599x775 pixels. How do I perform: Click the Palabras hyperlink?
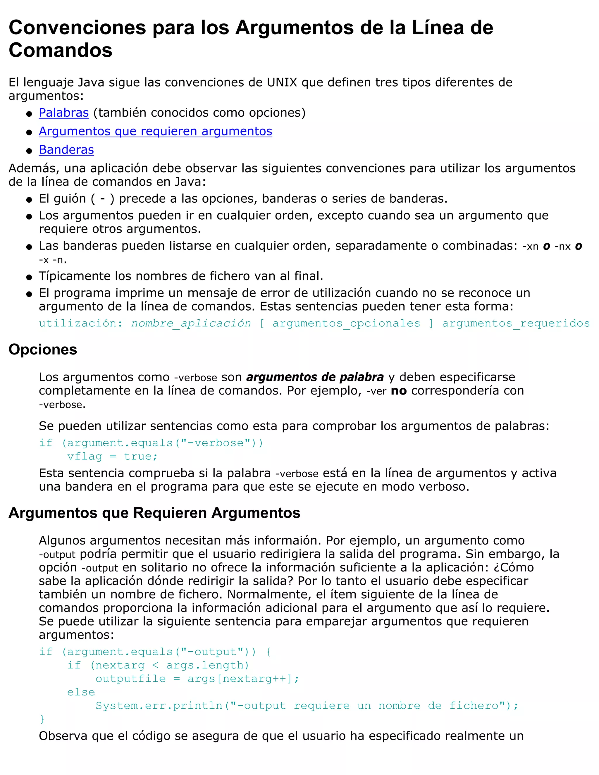(x=63, y=113)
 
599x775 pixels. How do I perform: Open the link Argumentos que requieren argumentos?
(x=155, y=131)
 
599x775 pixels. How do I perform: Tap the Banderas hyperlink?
(x=66, y=150)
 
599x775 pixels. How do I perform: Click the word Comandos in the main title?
(x=60, y=50)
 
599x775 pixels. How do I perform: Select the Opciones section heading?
(x=43, y=349)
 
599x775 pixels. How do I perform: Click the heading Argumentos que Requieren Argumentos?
(x=154, y=513)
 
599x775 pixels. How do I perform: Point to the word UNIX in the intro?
(x=282, y=82)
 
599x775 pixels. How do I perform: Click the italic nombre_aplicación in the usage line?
(x=191, y=323)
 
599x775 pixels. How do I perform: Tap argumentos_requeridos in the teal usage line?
(x=516, y=323)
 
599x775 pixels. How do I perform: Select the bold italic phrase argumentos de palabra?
(x=315, y=377)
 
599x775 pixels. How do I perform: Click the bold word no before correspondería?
(x=399, y=391)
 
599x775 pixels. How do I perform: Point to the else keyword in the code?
(x=81, y=692)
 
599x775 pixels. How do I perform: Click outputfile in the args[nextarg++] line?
(x=130, y=679)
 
